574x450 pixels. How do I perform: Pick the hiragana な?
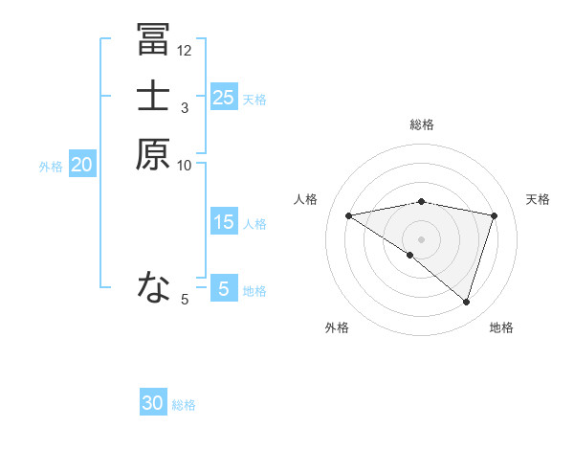coord(153,285)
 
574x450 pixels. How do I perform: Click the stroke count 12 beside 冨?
coord(185,50)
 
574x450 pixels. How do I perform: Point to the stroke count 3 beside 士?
coord(185,108)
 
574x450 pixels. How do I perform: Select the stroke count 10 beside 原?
coord(185,166)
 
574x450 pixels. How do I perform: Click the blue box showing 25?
coord(223,97)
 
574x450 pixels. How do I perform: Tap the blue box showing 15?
coord(223,222)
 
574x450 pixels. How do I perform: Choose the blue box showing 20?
coord(82,165)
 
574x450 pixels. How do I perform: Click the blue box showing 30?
coord(153,403)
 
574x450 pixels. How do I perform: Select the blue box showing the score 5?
coord(223,288)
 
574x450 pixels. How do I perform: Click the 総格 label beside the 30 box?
coord(184,405)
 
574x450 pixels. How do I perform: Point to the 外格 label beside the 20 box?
coord(51,167)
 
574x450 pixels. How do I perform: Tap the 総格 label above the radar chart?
coord(422,124)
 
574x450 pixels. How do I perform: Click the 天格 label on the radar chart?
coord(538,199)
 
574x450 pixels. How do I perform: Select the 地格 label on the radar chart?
coord(501,327)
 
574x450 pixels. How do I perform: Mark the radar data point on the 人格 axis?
coord(349,215)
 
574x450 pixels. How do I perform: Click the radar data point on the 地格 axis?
coord(466,302)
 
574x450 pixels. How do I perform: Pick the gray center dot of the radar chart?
coord(421,238)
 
